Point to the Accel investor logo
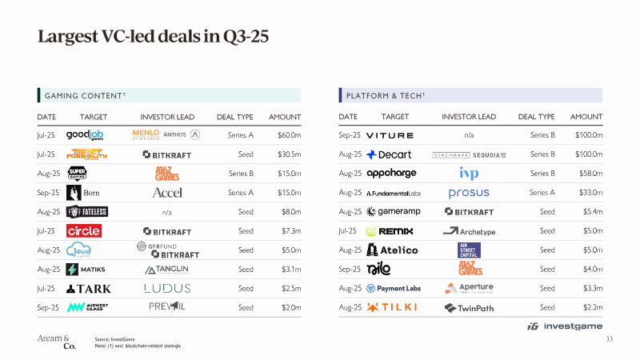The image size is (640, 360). (166, 193)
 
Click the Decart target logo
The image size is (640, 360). (389, 154)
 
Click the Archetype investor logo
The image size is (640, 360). (469, 231)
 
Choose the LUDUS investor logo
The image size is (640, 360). (166, 288)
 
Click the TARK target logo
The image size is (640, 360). (89, 289)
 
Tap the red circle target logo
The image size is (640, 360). (83, 231)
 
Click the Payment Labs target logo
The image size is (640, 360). (394, 289)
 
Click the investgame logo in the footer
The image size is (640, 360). (560, 326)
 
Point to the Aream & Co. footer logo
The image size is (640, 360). (57, 342)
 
